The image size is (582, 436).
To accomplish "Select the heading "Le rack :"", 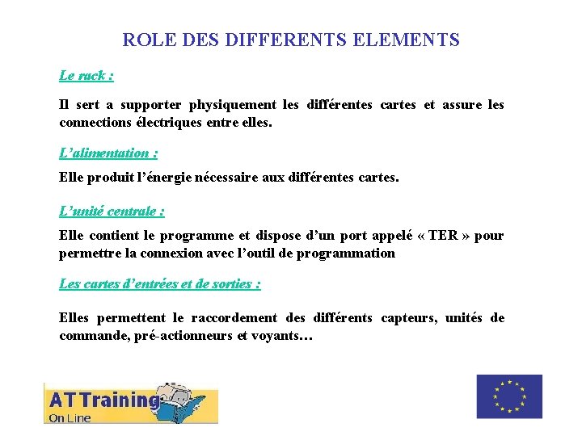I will (86, 76).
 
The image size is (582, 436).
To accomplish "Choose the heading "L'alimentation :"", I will (108, 153).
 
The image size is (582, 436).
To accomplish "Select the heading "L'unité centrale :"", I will (112, 212).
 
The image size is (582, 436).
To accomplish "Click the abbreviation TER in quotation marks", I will (443, 236).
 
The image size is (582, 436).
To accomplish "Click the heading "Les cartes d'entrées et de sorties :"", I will (160, 284).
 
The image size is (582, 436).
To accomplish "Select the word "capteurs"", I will (408, 318).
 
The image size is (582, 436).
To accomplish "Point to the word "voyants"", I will (275, 336).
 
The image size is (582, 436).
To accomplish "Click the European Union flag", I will (509, 396).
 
